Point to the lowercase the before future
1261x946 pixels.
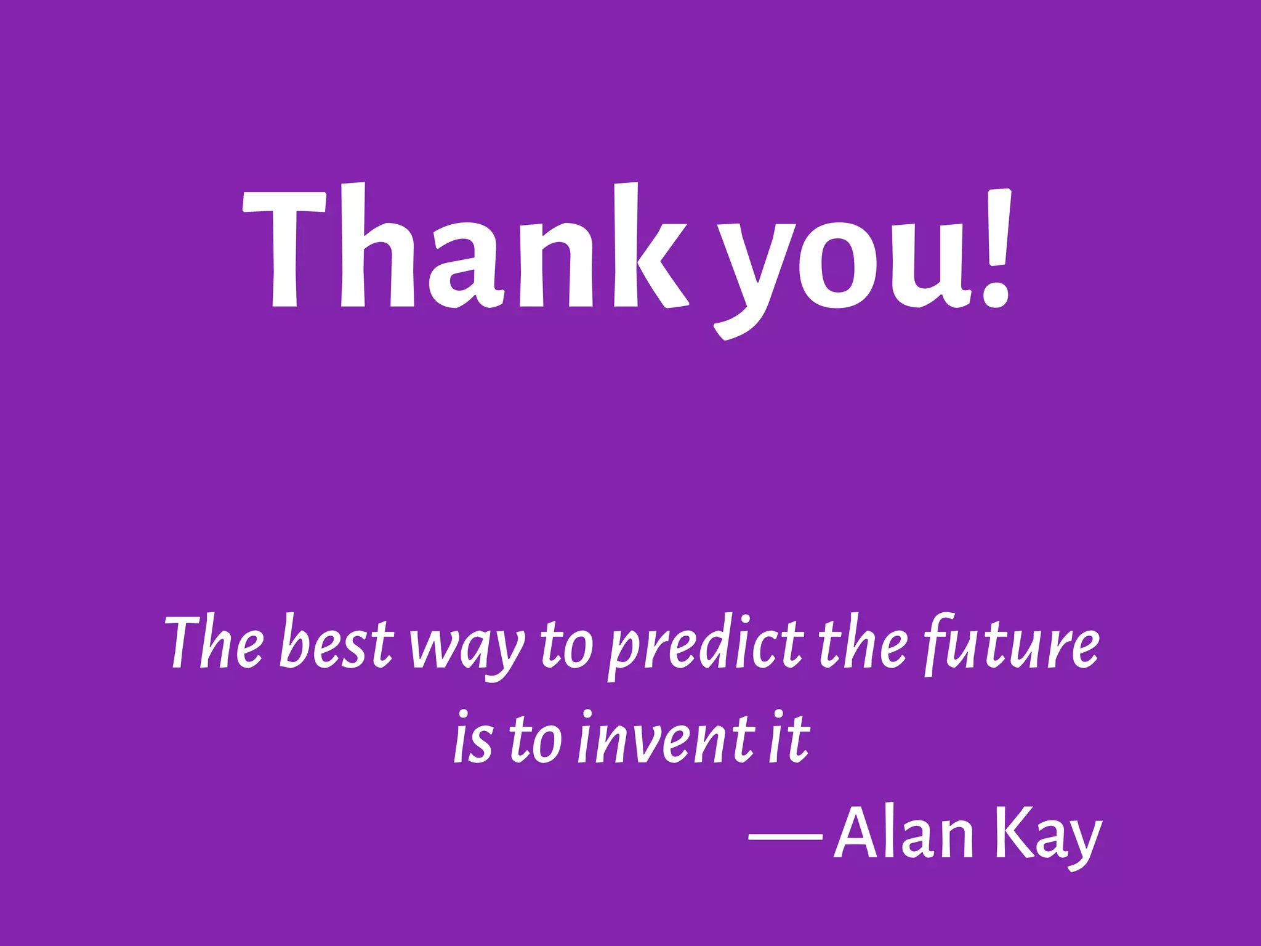pos(862,644)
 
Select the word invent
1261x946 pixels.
pos(665,739)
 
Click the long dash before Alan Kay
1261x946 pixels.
pos(786,837)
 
